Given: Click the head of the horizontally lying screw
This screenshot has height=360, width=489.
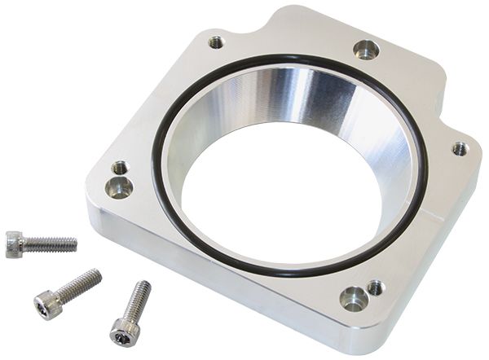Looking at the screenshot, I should [14, 243].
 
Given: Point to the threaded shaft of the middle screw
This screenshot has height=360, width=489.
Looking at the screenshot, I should [77, 285].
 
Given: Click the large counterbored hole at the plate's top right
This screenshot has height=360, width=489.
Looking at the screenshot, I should [366, 49].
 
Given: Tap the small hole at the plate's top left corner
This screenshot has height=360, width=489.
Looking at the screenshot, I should [216, 41].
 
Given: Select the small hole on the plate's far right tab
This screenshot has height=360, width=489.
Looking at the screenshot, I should [460, 148].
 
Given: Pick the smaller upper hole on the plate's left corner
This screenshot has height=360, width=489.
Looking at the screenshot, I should [120, 168].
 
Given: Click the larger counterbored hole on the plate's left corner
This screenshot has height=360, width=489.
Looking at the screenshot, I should [120, 187].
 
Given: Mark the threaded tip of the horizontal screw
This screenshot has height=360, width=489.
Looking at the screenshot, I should [74, 243].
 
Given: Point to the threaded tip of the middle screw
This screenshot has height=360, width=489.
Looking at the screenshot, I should [97, 274].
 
